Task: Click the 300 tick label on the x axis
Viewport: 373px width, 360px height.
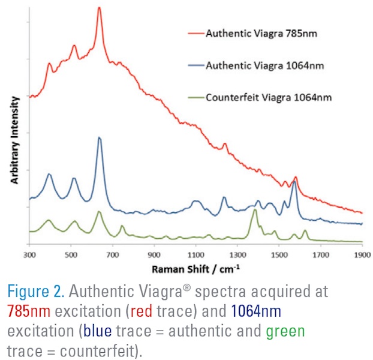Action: tap(29, 254)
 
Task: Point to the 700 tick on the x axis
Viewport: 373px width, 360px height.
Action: tap(112, 254)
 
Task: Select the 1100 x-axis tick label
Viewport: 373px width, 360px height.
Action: tap(195, 254)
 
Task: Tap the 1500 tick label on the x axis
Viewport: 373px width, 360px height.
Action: tap(279, 254)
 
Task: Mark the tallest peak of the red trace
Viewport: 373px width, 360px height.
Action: tap(99, 8)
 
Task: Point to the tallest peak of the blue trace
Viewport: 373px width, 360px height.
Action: tap(99, 138)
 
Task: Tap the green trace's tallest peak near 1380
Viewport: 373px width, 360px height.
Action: tap(255, 210)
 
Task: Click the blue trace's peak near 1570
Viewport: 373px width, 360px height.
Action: tap(294, 182)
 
